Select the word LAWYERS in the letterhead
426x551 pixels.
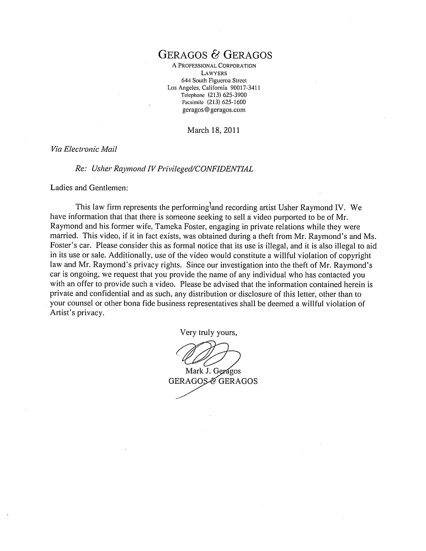214,73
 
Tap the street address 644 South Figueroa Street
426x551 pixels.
214,80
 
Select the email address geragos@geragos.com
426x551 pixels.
214,110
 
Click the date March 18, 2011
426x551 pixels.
214,130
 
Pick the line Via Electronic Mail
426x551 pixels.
83,149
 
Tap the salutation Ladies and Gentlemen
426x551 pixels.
89,188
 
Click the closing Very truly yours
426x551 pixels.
208,332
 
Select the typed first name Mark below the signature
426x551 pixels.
193,371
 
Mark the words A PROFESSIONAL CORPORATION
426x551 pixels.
214,66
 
